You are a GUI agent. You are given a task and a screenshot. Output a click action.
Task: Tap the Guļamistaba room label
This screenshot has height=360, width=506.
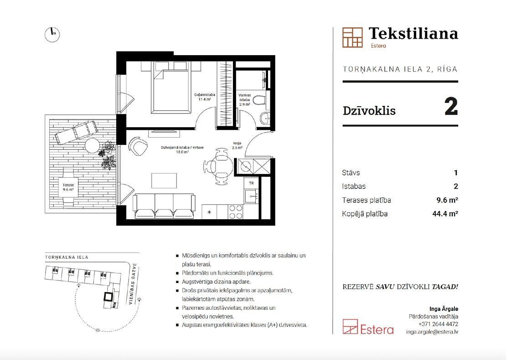[205, 97]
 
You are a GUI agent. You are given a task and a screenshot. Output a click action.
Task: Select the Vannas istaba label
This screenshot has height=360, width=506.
[245, 100]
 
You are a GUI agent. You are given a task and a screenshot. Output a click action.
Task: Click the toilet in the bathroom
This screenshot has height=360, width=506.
[259, 100]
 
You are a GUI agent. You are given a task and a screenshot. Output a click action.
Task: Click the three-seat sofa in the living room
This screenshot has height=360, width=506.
[164, 206]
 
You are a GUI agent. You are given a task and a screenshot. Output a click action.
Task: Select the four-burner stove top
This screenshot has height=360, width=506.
[235, 212]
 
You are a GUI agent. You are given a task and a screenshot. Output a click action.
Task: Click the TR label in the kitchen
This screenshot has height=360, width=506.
[251, 183]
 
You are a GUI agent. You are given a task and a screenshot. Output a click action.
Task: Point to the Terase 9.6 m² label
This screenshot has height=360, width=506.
[68, 187]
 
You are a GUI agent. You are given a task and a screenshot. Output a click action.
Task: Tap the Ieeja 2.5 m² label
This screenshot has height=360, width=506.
[237, 145]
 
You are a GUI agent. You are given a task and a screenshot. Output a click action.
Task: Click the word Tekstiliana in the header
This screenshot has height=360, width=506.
[413, 34]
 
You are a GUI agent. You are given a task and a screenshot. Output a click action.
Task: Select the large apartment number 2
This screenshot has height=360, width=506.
[451, 107]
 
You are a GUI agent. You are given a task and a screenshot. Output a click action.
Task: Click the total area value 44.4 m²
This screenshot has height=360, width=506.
[445, 214]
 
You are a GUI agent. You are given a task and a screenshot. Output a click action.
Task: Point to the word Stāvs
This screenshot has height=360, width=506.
[351, 173]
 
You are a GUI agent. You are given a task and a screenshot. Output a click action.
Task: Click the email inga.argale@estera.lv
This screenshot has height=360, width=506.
[432, 332]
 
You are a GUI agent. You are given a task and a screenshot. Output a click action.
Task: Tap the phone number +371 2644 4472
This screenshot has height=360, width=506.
[438, 324]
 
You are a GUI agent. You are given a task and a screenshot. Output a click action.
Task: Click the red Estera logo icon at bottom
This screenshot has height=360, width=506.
[350, 327]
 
